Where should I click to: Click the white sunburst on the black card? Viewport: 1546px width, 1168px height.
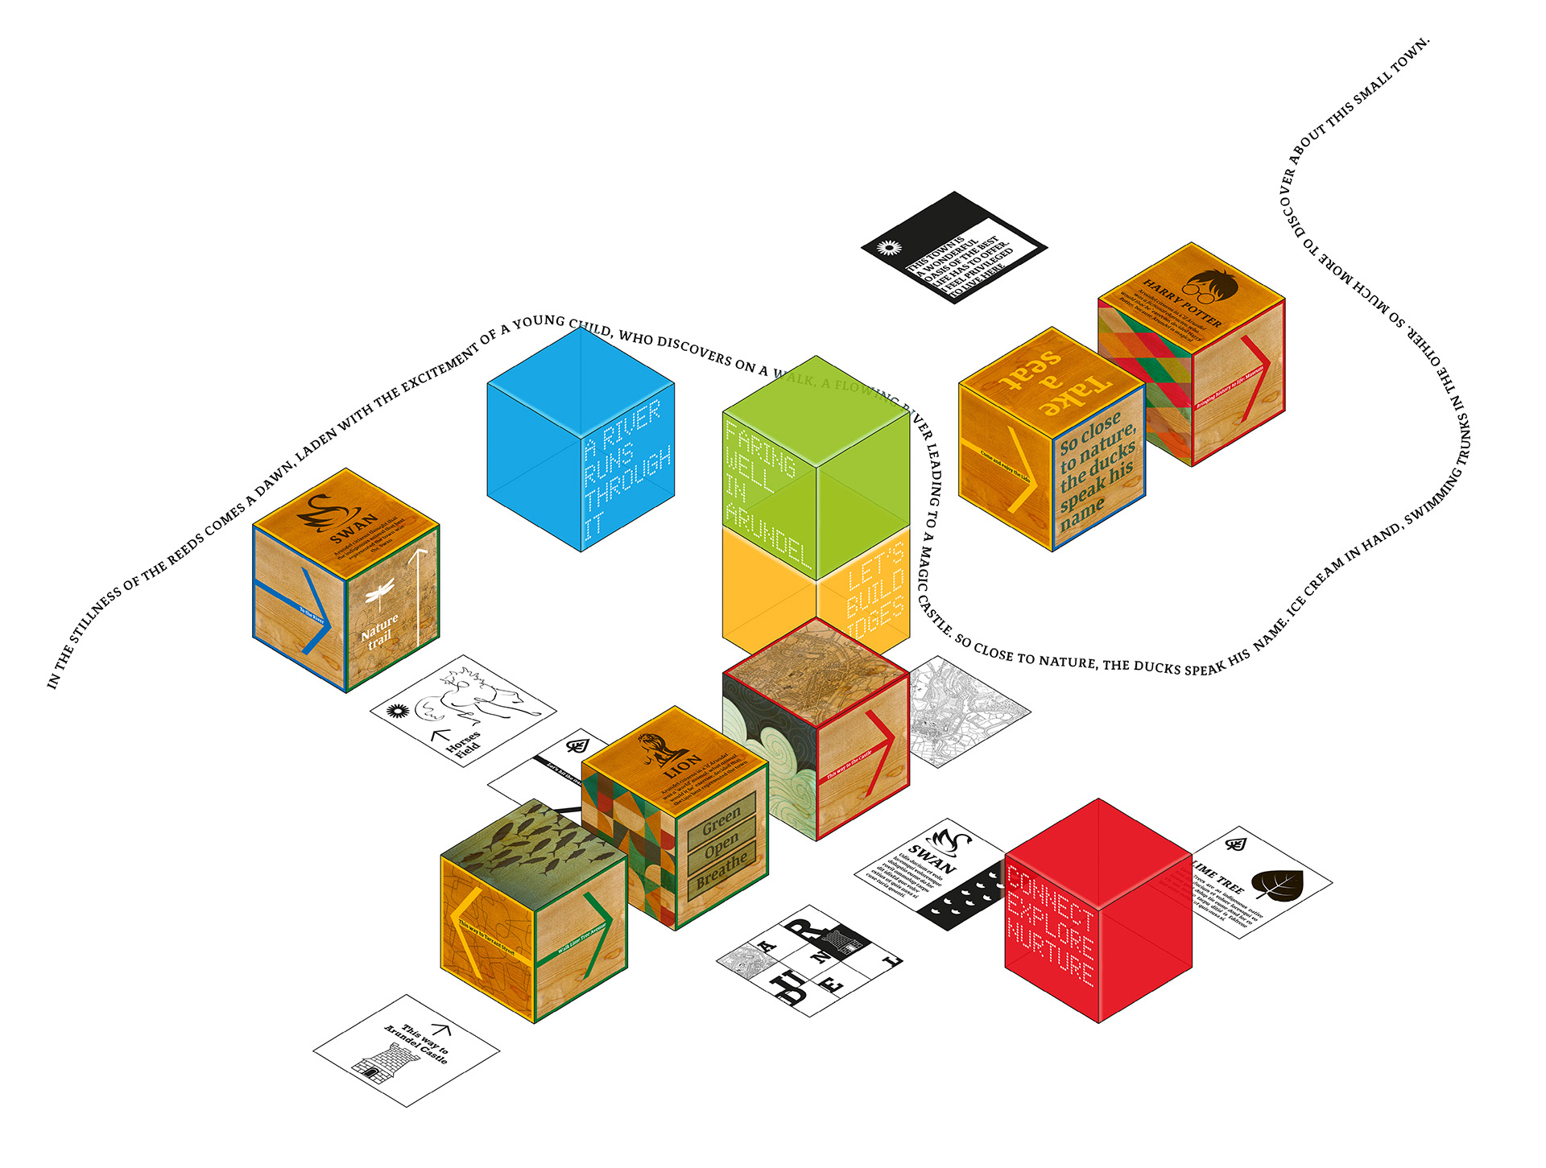coord(889,248)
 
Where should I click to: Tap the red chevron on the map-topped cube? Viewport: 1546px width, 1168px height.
coord(879,752)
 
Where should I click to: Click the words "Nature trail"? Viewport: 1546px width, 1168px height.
coord(379,631)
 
